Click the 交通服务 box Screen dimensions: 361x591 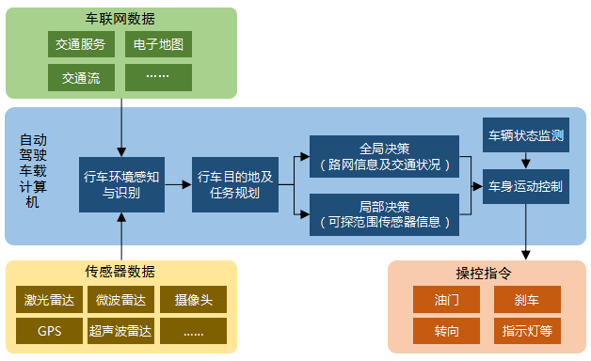point(82,44)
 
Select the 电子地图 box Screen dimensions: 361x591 point(158,44)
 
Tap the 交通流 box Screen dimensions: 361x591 point(82,77)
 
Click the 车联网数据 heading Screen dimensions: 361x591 point(120,19)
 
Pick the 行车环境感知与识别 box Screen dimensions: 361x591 point(121,185)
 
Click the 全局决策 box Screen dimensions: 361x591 point(384,157)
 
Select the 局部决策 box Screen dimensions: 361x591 point(384,214)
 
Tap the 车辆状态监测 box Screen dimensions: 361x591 point(526,135)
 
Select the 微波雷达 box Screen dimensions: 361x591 point(120,301)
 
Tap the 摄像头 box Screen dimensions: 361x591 point(194,301)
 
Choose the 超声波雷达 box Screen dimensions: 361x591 point(120,331)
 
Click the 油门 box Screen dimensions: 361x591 point(447,301)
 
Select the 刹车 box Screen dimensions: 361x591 point(527,301)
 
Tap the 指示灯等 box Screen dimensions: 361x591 point(527,331)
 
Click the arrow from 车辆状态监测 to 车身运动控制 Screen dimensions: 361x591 point(526,161)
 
